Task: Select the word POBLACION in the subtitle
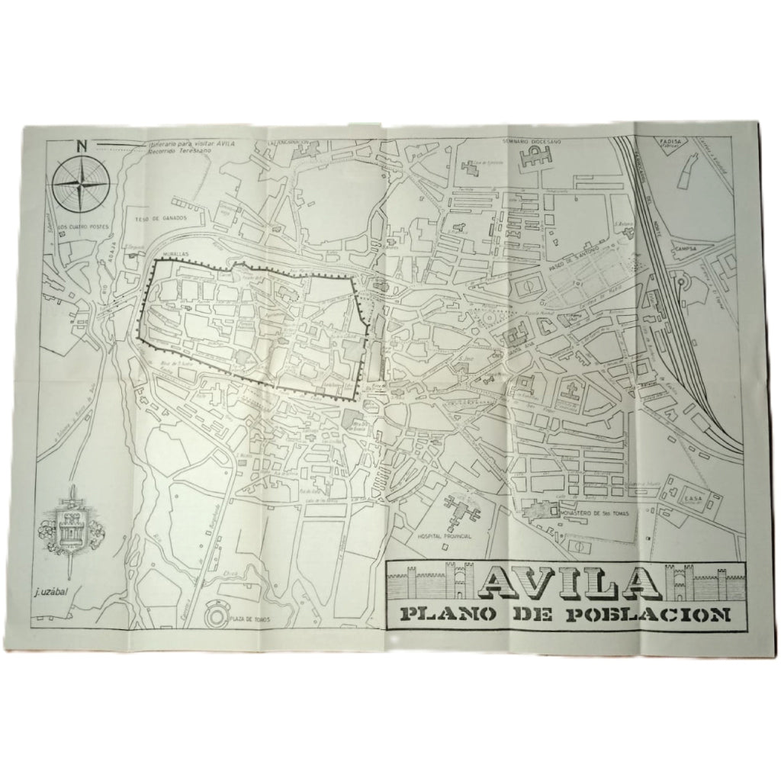click(x=652, y=615)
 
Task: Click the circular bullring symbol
click(x=218, y=612)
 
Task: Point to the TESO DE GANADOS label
click(x=161, y=218)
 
